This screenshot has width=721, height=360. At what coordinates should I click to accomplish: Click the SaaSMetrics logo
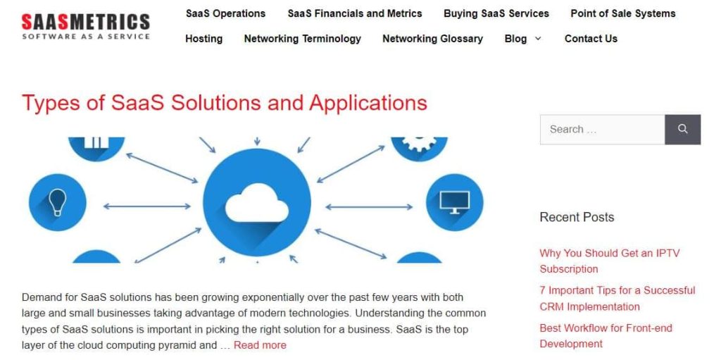tap(85, 26)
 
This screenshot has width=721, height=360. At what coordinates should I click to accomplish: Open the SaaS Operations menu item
tap(225, 14)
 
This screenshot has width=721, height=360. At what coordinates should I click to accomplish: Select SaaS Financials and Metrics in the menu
tap(355, 14)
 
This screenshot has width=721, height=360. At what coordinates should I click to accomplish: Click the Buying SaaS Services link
tap(496, 14)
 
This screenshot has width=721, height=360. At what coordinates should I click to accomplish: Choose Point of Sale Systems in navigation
tap(623, 14)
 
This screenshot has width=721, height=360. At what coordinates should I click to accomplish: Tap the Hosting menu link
tap(203, 39)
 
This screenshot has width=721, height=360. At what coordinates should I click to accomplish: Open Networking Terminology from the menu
tap(303, 39)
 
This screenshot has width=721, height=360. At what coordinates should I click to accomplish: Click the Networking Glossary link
tap(433, 39)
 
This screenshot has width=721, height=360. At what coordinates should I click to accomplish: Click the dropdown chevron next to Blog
tap(537, 39)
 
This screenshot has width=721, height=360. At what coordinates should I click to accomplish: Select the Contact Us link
tap(591, 39)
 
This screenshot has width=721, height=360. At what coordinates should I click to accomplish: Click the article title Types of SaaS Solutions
tap(225, 103)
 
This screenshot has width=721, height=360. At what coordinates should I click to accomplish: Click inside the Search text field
tap(603, 130)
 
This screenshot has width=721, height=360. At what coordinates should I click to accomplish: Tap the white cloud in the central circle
tap(257, 202)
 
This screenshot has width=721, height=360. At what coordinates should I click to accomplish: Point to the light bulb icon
tap(58, 202)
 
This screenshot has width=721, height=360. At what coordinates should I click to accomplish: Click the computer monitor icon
tap(455, 202)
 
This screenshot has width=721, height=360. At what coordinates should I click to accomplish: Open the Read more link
tap(260, 345)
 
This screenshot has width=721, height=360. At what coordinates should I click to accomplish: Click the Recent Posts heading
tap(577, 217)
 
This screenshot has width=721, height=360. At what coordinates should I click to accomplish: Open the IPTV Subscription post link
tap(609, 261)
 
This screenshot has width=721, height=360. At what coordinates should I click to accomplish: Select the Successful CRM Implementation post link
tap(617, 298)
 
